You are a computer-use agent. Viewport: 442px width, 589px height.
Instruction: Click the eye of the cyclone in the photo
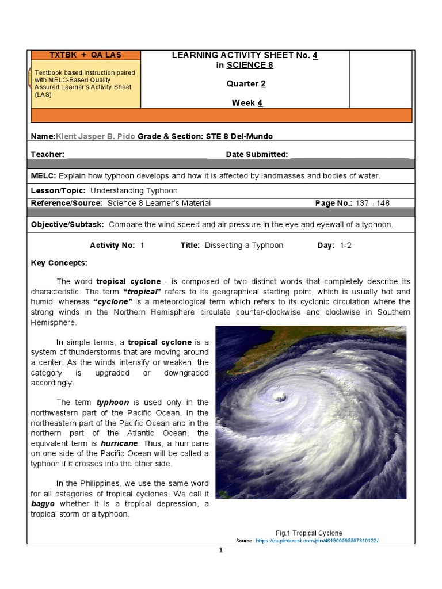(x=280, y=397)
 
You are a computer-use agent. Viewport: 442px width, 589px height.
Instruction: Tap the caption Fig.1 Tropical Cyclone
(x=309, y=533)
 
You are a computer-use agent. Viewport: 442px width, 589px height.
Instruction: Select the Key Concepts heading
(x=59, y=262)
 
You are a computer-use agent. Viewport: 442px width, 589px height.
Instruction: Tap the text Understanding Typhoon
(x=134, y=190)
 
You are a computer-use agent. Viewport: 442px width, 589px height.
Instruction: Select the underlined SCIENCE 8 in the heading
(x=250, y=65)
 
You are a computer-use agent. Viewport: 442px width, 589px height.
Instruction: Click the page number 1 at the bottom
(x=220, y=550)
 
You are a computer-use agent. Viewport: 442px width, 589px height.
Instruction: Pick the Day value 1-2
(x=345, y=246)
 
